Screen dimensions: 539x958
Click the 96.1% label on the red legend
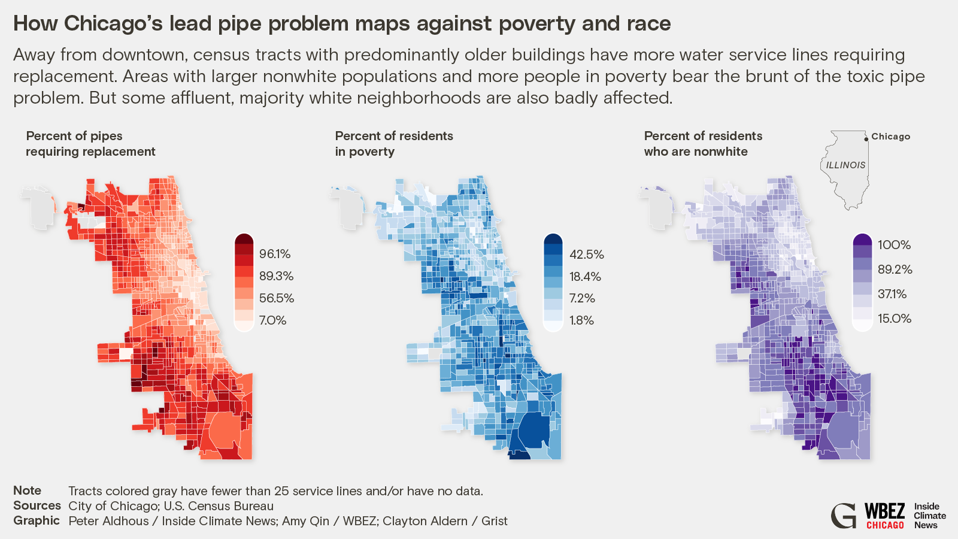(275, 254)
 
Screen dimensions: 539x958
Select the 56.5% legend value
(276, 298)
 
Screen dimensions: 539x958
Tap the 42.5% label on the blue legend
(586, 255)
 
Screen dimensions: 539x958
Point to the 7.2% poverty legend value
(581, 298)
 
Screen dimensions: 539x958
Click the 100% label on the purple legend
(894, 245)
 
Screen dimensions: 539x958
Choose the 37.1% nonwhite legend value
(892, 294)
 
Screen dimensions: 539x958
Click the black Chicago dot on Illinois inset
(866, 139)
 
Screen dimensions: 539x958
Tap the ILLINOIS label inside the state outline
(845, 165)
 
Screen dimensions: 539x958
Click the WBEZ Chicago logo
(884, 516)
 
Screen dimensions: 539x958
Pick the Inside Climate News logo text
(929, 516)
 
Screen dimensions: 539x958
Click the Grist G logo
(844, 516)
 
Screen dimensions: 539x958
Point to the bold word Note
(28, 490)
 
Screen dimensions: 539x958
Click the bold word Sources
(37, 505)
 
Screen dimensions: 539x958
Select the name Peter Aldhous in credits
(108, 521)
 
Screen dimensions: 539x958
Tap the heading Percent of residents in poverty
(393, 144)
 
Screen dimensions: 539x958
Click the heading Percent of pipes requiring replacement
(90, 144)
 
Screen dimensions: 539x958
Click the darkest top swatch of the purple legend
(862, 240)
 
